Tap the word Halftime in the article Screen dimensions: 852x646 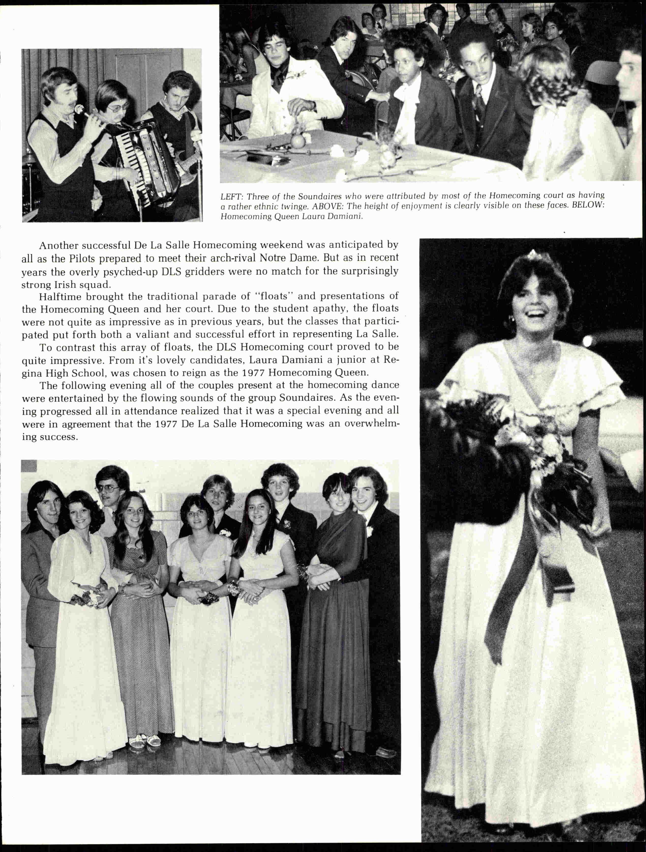pyautogui.click(x=60, y=296)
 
